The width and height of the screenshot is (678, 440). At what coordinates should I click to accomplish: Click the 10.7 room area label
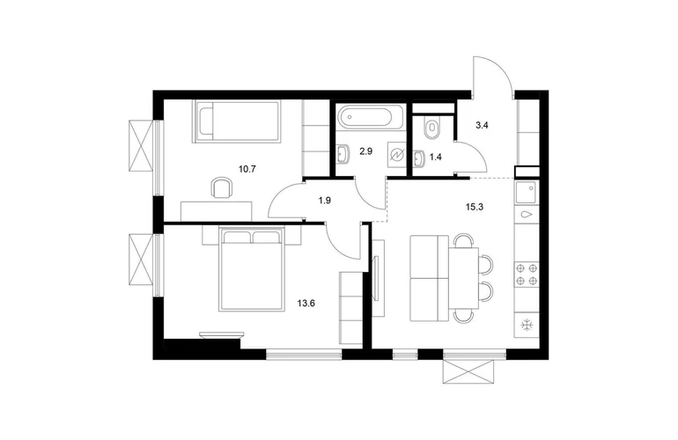pyautogui.click(x=247, y=169)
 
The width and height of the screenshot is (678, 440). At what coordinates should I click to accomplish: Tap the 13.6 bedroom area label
pyautogui.click(x=306, y=303)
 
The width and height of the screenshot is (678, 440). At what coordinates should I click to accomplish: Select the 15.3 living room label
pyautogui.click(x=475, y=207)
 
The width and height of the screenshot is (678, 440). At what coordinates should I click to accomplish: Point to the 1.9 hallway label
pyautogui.click(x=325, y=201)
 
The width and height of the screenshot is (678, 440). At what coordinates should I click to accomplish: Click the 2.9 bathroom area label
pyautogui.click(x=365, y=151)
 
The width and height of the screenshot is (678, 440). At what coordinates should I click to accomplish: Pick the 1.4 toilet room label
pyautogui.click(x=436, y=157)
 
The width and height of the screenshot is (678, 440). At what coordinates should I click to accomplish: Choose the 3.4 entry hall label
pyautogui.click(x=483, y=126)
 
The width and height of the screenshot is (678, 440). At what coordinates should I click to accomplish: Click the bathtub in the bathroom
pyautogui.click(x=371, y=116)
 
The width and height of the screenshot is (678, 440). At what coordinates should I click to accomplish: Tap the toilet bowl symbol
pyautogui.click(x=431, y=128)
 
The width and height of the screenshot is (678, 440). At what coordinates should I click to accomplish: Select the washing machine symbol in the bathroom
pyautogui.click(x=397, y=155)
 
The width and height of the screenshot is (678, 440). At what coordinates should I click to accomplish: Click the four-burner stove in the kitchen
pyautogui.click(x=527, y=275)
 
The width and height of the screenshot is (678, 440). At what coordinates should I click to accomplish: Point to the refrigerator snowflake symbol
pyautogui.click(x=527, y=325)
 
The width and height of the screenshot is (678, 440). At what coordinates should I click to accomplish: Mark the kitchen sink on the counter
pyautogui.click(x=526, y=192)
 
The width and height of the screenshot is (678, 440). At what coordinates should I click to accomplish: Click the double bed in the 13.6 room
pyautogui.click(x=252, y=269)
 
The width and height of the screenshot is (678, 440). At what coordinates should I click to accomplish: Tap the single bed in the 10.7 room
pyautogui.click(x=237, y=121)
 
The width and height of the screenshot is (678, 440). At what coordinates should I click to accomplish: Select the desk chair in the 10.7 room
pyautogui.click(x=221, y=187)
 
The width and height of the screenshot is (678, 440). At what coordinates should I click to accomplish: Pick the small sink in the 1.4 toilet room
pyautogui.click(x=419, y=158)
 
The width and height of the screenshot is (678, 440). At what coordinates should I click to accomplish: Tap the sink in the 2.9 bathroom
pyautogui.click(x=343, y=154)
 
